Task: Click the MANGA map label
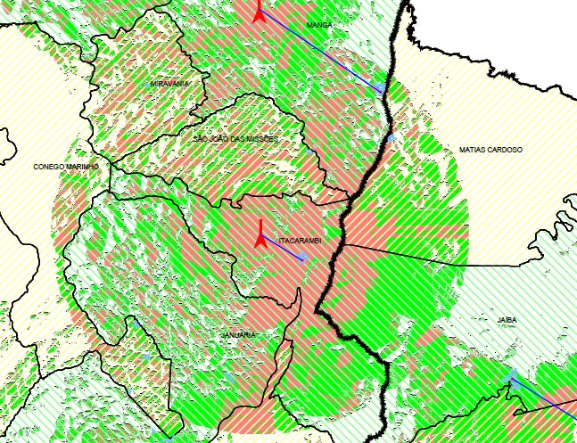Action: [319, 25]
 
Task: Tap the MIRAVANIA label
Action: [170, 83]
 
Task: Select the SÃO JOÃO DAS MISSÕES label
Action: [236, 140]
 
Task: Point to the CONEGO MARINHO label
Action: [65, 167]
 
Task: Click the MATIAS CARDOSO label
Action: [490, 150]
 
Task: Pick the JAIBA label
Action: [507, 318]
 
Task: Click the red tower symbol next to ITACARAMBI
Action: [259, 234]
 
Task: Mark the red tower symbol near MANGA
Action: [259, 12]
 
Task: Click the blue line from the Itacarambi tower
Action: [281, 247]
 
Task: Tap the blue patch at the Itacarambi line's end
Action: [302, 257]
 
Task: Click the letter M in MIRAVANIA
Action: [153, 83]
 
